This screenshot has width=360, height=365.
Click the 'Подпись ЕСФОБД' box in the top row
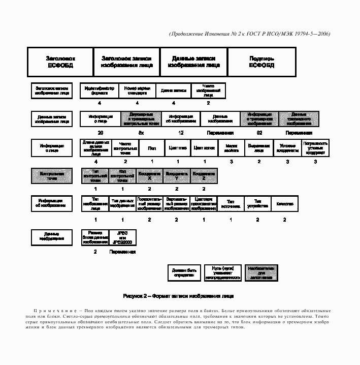(x=261, y=62)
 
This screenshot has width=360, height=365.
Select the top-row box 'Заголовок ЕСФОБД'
(x=60, y=62)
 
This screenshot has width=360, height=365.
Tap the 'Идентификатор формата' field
(x=100, y=91)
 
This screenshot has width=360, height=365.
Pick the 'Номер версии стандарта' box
(x=137, y=91)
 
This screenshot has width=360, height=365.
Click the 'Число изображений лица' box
(x=208, y=91)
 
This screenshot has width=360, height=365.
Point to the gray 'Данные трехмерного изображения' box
(x=299, y=119)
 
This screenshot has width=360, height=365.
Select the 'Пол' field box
(x=152, y=148)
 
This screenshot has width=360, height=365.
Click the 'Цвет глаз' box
(x=178, y=148)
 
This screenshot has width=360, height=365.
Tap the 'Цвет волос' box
(x=205, y=148)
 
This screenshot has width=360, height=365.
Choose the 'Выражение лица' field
(x=259, y=148)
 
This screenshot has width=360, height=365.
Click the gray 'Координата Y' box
(x=177, y=176)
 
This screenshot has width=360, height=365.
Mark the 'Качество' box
(x=285, y=204)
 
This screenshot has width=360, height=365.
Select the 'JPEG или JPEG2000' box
(x=122, y=237)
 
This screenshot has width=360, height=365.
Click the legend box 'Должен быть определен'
(x=184, y=273)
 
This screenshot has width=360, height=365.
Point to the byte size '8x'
(x=141, y=133)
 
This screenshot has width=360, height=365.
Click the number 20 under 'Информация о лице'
(x=101, y=133)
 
